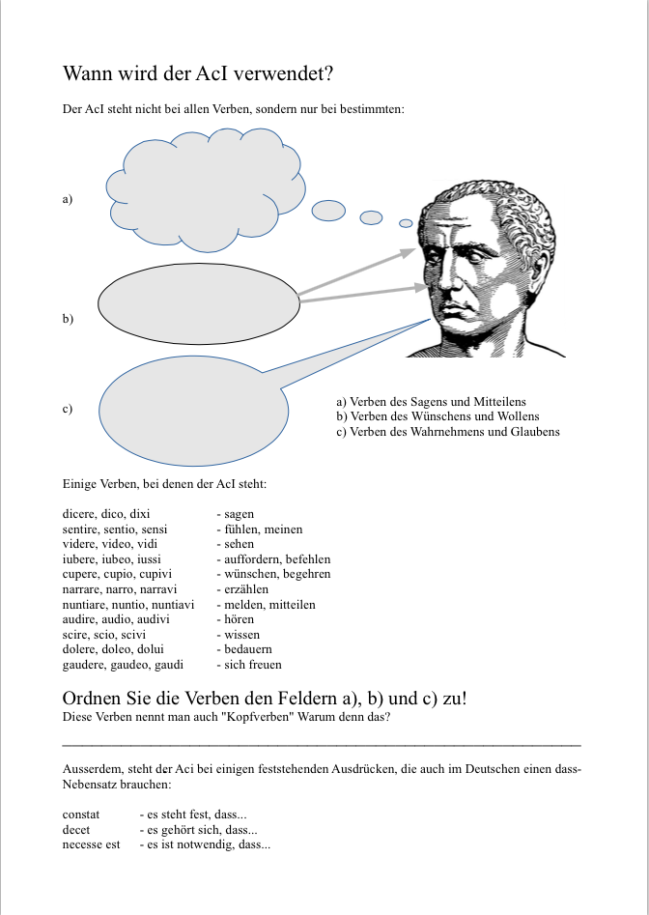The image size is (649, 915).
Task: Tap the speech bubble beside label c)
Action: [193, 412]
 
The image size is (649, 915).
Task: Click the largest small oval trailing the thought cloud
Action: [328, 209]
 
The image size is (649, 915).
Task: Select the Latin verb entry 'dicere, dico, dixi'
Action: [106, 514]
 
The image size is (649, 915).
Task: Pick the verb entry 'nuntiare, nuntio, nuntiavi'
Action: [128, 605]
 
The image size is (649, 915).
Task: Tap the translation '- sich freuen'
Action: [249, 665]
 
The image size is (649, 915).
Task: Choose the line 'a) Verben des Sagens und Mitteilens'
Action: [431, 402]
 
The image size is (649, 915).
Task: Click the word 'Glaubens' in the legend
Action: [537, 432]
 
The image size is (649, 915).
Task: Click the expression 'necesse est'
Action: [92, 844]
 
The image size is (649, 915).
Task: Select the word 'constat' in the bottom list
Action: [81, 815]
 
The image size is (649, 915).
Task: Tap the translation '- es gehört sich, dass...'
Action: [198, 830]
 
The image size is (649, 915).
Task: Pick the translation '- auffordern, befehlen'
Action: [273, 559]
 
